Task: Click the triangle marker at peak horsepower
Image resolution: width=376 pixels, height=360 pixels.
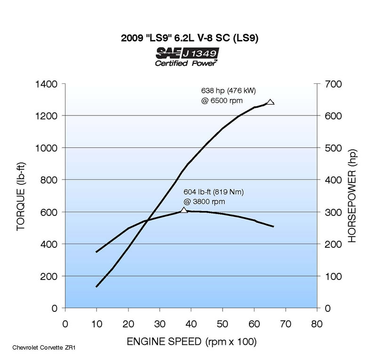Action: (x=270, y=102)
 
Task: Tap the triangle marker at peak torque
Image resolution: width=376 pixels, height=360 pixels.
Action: (x=184, y=210)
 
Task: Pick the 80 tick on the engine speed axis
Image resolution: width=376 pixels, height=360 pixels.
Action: (x=317, y=324)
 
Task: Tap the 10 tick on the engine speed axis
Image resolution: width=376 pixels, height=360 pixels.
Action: (x=96, y=324)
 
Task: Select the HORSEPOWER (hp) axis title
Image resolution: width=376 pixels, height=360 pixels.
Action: (x=352, y=196)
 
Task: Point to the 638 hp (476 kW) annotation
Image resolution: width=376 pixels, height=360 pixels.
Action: (x=228, y=90)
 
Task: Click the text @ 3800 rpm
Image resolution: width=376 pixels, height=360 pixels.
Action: (x=204, y=202)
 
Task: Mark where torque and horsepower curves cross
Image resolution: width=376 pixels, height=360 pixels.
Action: (x=147, y=220)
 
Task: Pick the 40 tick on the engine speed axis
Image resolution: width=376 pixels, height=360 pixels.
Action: (x=191, y=324)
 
